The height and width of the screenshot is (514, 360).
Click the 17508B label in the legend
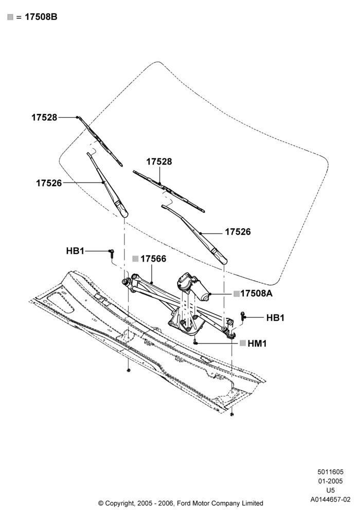pos(41,17)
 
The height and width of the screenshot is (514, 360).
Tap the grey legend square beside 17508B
pos(10,17)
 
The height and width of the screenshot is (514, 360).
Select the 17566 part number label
pos(153,259)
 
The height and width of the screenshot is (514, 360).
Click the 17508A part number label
pos(257,293)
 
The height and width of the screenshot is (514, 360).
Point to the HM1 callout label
pos(257,343)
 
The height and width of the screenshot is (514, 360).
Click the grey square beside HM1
pos(243,343)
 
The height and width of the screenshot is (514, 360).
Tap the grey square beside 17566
pos(135,259)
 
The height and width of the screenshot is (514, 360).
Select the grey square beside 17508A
pos(237,293)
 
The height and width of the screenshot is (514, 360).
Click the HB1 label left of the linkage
pos(76,251)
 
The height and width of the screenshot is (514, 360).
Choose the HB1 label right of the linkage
pos(276,318)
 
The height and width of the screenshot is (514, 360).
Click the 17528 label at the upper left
pos(44,117)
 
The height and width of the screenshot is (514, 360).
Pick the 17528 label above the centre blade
pos(159,161)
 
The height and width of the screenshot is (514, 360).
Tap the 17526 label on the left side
pos(49,183)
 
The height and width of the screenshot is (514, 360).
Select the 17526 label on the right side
pos(238,232)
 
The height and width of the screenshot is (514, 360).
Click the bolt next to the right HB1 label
pos(243,316)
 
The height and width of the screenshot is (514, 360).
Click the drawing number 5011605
pos(330,472)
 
